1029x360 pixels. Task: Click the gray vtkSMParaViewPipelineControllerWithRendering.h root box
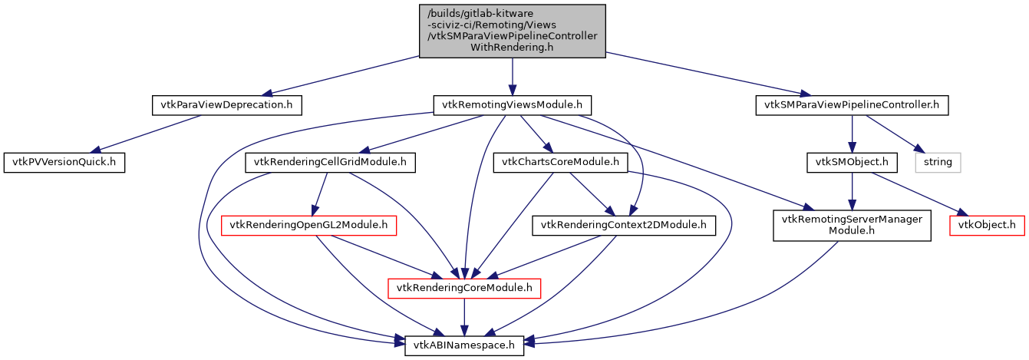[x=512, y=31]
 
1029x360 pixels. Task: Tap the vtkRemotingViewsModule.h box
[x=512, y=104]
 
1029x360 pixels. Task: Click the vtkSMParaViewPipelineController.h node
[x=852, y=104]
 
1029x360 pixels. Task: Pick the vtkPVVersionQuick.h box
[x=64, y=163]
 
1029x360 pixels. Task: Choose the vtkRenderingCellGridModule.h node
[x=330, y=163]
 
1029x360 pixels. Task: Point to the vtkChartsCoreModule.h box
[x=560, y=163]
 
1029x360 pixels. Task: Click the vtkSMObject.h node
[x=852, y=163]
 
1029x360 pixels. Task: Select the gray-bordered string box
[x=938, y=163]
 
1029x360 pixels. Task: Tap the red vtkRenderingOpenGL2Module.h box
[x=308, y=226]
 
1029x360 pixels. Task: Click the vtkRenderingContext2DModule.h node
[x=624, y=226]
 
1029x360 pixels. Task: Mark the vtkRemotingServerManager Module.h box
[x=852, y=226]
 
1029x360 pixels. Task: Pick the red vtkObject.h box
[x=986, y=226]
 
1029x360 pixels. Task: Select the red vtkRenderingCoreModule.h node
[x=464, y=289]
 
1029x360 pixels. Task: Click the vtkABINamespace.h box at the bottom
[x=464, y=346]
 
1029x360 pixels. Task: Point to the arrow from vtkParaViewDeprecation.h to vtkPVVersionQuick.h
[x=146, y=134]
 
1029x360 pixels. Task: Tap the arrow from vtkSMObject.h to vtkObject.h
[x=916, y=193]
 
